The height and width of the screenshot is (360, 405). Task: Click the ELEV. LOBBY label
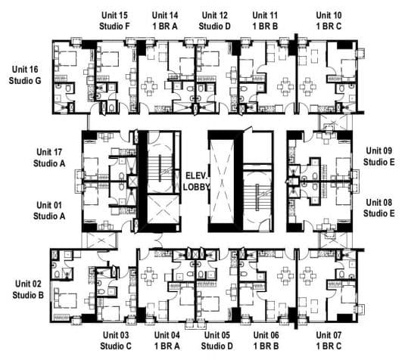click(x=196, y=182)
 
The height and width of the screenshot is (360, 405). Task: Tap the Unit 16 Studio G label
click(x=25, y=75)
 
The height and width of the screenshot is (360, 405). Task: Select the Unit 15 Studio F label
click(x=114, y=20)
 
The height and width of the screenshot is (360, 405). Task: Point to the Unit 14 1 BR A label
click(x=165, y=20)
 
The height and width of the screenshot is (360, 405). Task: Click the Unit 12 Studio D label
click(x=215, y=20)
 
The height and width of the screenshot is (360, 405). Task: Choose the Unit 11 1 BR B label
click(x=265, y=20)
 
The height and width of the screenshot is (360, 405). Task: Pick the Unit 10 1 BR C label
click(x=329, y=20)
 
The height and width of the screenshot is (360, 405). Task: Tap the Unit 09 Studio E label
click(x=379, y=156)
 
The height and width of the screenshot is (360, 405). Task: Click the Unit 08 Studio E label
click(x=379, y=208)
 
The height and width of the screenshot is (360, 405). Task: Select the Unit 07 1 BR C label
click(x=329, y=340)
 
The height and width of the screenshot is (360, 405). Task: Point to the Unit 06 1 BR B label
click(x=266, y=340)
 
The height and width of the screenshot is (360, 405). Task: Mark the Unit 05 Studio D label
click(x=217, y=340)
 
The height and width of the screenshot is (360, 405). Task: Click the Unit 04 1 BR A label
click(x=167, y=340)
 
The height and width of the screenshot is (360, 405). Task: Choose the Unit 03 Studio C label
click(x=116, y=340)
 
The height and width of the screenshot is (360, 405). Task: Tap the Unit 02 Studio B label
click(x=28, y=290)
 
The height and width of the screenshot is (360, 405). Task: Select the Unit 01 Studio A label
click(x=49, y=210)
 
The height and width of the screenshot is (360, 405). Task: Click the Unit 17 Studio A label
click(x=49, y=157)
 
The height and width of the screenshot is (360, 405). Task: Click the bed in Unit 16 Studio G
click(x=66, y=58)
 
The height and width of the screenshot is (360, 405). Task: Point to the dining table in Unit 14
click(x=149, y=86)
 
